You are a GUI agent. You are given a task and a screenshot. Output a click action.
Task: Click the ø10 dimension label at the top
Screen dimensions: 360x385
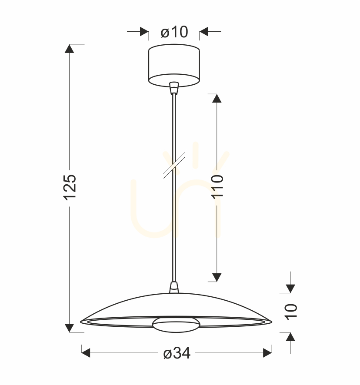coord(174,32)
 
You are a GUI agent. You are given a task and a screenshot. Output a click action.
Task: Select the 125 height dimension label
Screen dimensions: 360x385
coord(70,187)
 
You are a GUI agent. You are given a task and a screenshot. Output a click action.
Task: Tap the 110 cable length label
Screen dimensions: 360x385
coord(217,186)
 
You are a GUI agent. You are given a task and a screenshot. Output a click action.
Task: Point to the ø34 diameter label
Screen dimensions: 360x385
coord(177,353)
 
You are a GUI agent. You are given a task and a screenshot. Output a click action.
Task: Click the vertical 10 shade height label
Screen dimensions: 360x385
coord(291,312)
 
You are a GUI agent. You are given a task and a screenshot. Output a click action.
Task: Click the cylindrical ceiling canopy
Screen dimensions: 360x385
coord(174,65)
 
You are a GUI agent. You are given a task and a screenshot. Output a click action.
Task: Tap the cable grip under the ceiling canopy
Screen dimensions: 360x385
coord(174,88)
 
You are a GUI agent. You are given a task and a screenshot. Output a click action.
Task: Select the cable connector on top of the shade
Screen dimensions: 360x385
coord(174,287)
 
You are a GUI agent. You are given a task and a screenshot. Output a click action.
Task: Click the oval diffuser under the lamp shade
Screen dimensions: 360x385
coord(176,325)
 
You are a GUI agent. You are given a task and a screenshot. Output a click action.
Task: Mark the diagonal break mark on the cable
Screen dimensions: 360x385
coord(174,165)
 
